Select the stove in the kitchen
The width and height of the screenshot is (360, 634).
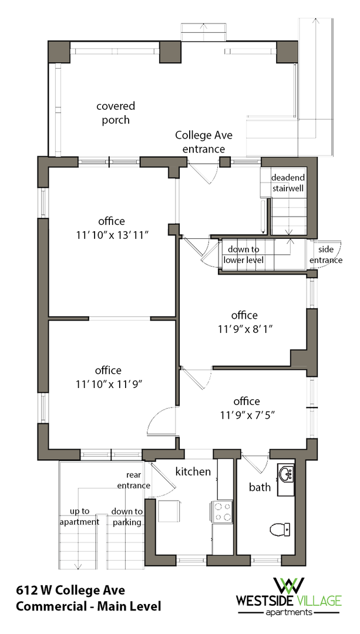(x=221, y=511)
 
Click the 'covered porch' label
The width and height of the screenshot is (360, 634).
(x=116, y=113)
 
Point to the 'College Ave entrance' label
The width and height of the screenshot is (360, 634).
(x=203, y=141)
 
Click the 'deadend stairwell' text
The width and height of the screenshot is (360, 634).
(x=288, y=183)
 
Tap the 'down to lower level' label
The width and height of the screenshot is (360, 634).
(x=244, y=255)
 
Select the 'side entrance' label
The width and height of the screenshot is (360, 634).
(x=326, y=255)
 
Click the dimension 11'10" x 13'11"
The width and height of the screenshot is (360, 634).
(x=111, y=228)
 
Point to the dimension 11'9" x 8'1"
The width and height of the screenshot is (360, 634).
(x=244, y=322)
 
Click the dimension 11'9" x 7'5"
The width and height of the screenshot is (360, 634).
(x=247, y=408)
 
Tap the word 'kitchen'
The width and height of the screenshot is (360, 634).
(x=193, y=471)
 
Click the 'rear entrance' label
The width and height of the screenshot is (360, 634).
(x=134, y=480)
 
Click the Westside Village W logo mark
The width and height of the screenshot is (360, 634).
(x=289, y=586)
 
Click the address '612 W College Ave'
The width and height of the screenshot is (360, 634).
(x=71, y=591)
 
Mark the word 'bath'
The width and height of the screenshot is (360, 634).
(x=260, y=487)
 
